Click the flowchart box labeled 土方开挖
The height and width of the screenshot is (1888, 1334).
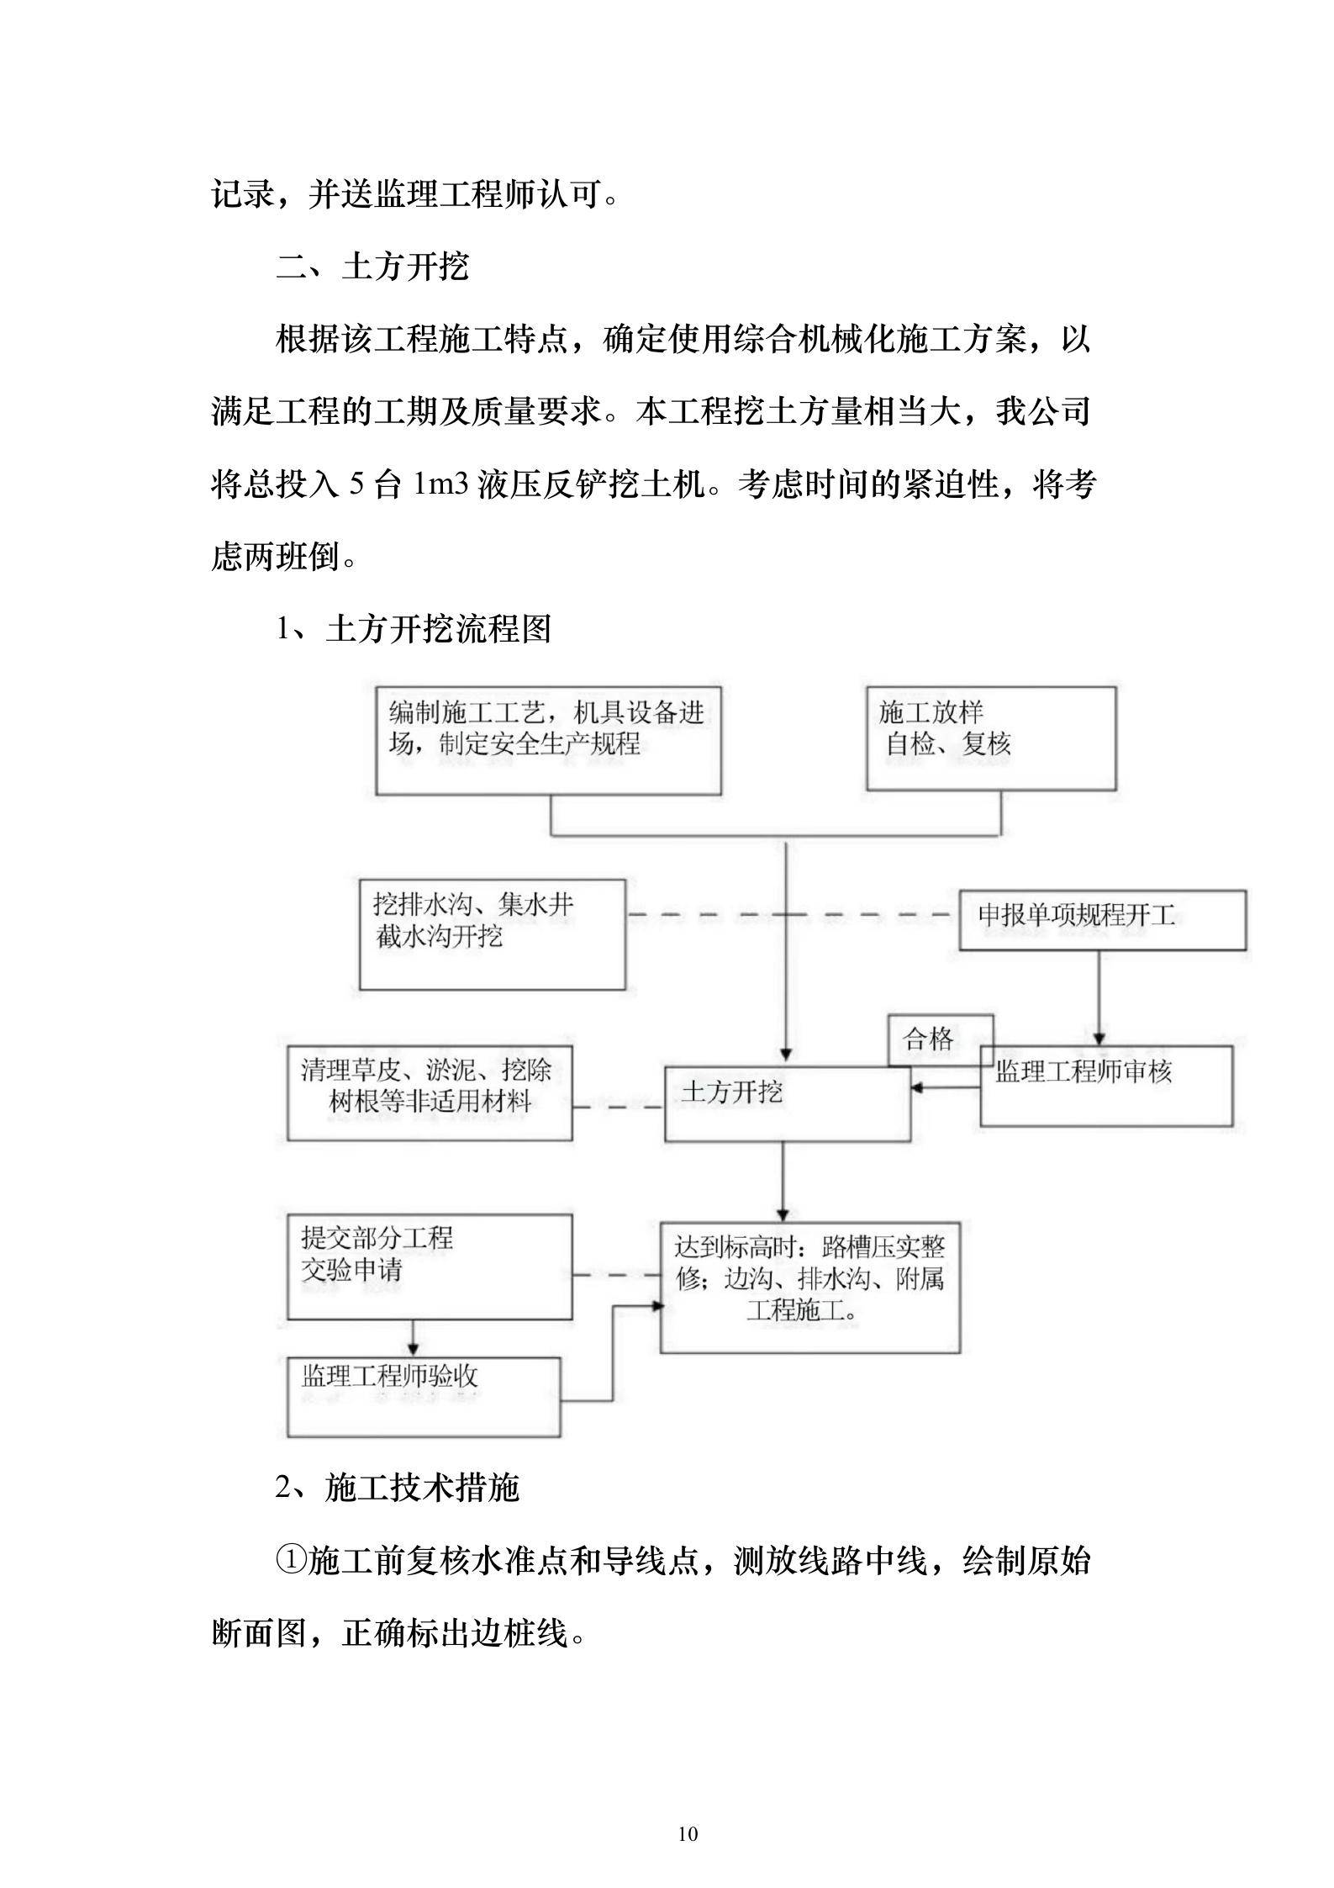click(787, 1103)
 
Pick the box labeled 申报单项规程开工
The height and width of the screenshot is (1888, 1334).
click(1102, 921)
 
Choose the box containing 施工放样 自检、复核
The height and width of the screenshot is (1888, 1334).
click(991, 738)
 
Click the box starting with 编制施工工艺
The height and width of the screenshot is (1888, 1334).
click(548, 740)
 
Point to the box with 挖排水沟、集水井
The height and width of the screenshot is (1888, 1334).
click(493, 934)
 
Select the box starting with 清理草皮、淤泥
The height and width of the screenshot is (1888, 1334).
click(430, 1092)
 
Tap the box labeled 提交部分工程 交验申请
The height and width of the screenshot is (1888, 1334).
click(430, 1267)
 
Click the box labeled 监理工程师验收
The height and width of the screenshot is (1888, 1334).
click(424, 1397)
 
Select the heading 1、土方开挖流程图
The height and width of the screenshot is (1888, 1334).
click(414, 628)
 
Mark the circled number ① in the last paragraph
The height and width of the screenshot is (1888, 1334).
click(291, 1562)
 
